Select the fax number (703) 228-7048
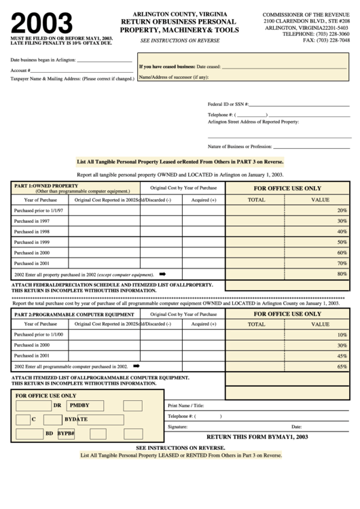coord(326,40)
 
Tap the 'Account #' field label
coord(20,70)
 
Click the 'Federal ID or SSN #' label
coord(228,104)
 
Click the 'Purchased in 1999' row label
coord(32,242)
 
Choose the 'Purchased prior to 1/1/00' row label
coord(39,334)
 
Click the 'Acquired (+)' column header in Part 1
coord(204,200)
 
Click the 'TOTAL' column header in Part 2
coord(256,324)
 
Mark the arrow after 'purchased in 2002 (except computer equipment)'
coord(162,273)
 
